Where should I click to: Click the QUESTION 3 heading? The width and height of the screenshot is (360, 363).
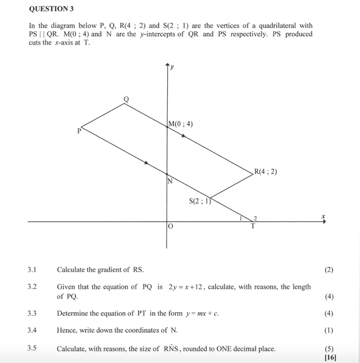[x=51, y=9]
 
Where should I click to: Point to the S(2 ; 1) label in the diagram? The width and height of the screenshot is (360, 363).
[x=200, y=201]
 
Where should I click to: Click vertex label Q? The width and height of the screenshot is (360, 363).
[x=126, y=99]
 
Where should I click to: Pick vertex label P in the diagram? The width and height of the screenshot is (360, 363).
[x=80, y=131]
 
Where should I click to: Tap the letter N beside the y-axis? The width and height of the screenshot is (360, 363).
[x=169, y=182]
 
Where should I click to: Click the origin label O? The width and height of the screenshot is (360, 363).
[x=170, y=228]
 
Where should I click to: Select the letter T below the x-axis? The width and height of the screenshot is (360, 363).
[x=252, y=226]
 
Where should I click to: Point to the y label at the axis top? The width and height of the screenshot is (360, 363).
[x=172, y=67]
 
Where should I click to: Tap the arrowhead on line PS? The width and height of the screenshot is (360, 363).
[x=147, y=163]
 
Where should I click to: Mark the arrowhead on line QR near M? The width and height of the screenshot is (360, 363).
[x=183, y=135]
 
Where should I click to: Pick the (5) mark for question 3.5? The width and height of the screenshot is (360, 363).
[x=329, y=348]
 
